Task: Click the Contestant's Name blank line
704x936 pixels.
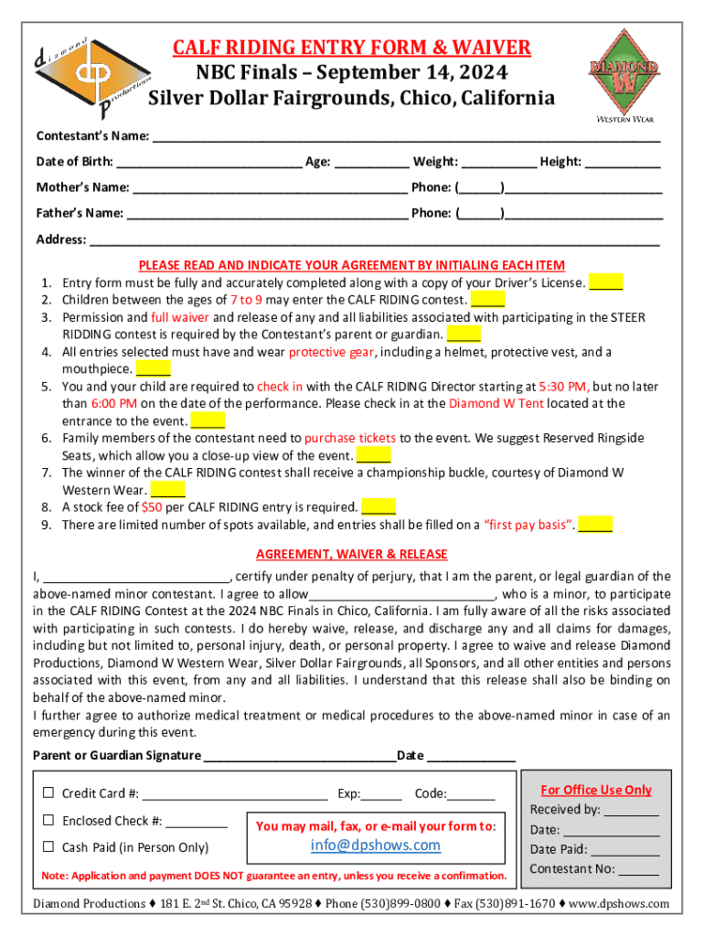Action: (406, 137)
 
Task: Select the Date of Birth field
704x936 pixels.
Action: (209, 163)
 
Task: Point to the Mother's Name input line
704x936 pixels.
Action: (270, 188)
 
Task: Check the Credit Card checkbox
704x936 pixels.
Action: (48, 792)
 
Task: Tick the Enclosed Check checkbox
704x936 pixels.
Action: (48, 820)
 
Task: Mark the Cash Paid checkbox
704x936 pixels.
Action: (48, 847)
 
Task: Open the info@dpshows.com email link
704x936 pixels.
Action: (375, 845)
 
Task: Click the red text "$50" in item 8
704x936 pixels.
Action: (152, 506)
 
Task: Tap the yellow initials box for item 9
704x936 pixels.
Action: (595, 525)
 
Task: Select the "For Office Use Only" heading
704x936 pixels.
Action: (595, 790)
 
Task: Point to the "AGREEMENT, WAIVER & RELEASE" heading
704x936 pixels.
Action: (351, 554)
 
